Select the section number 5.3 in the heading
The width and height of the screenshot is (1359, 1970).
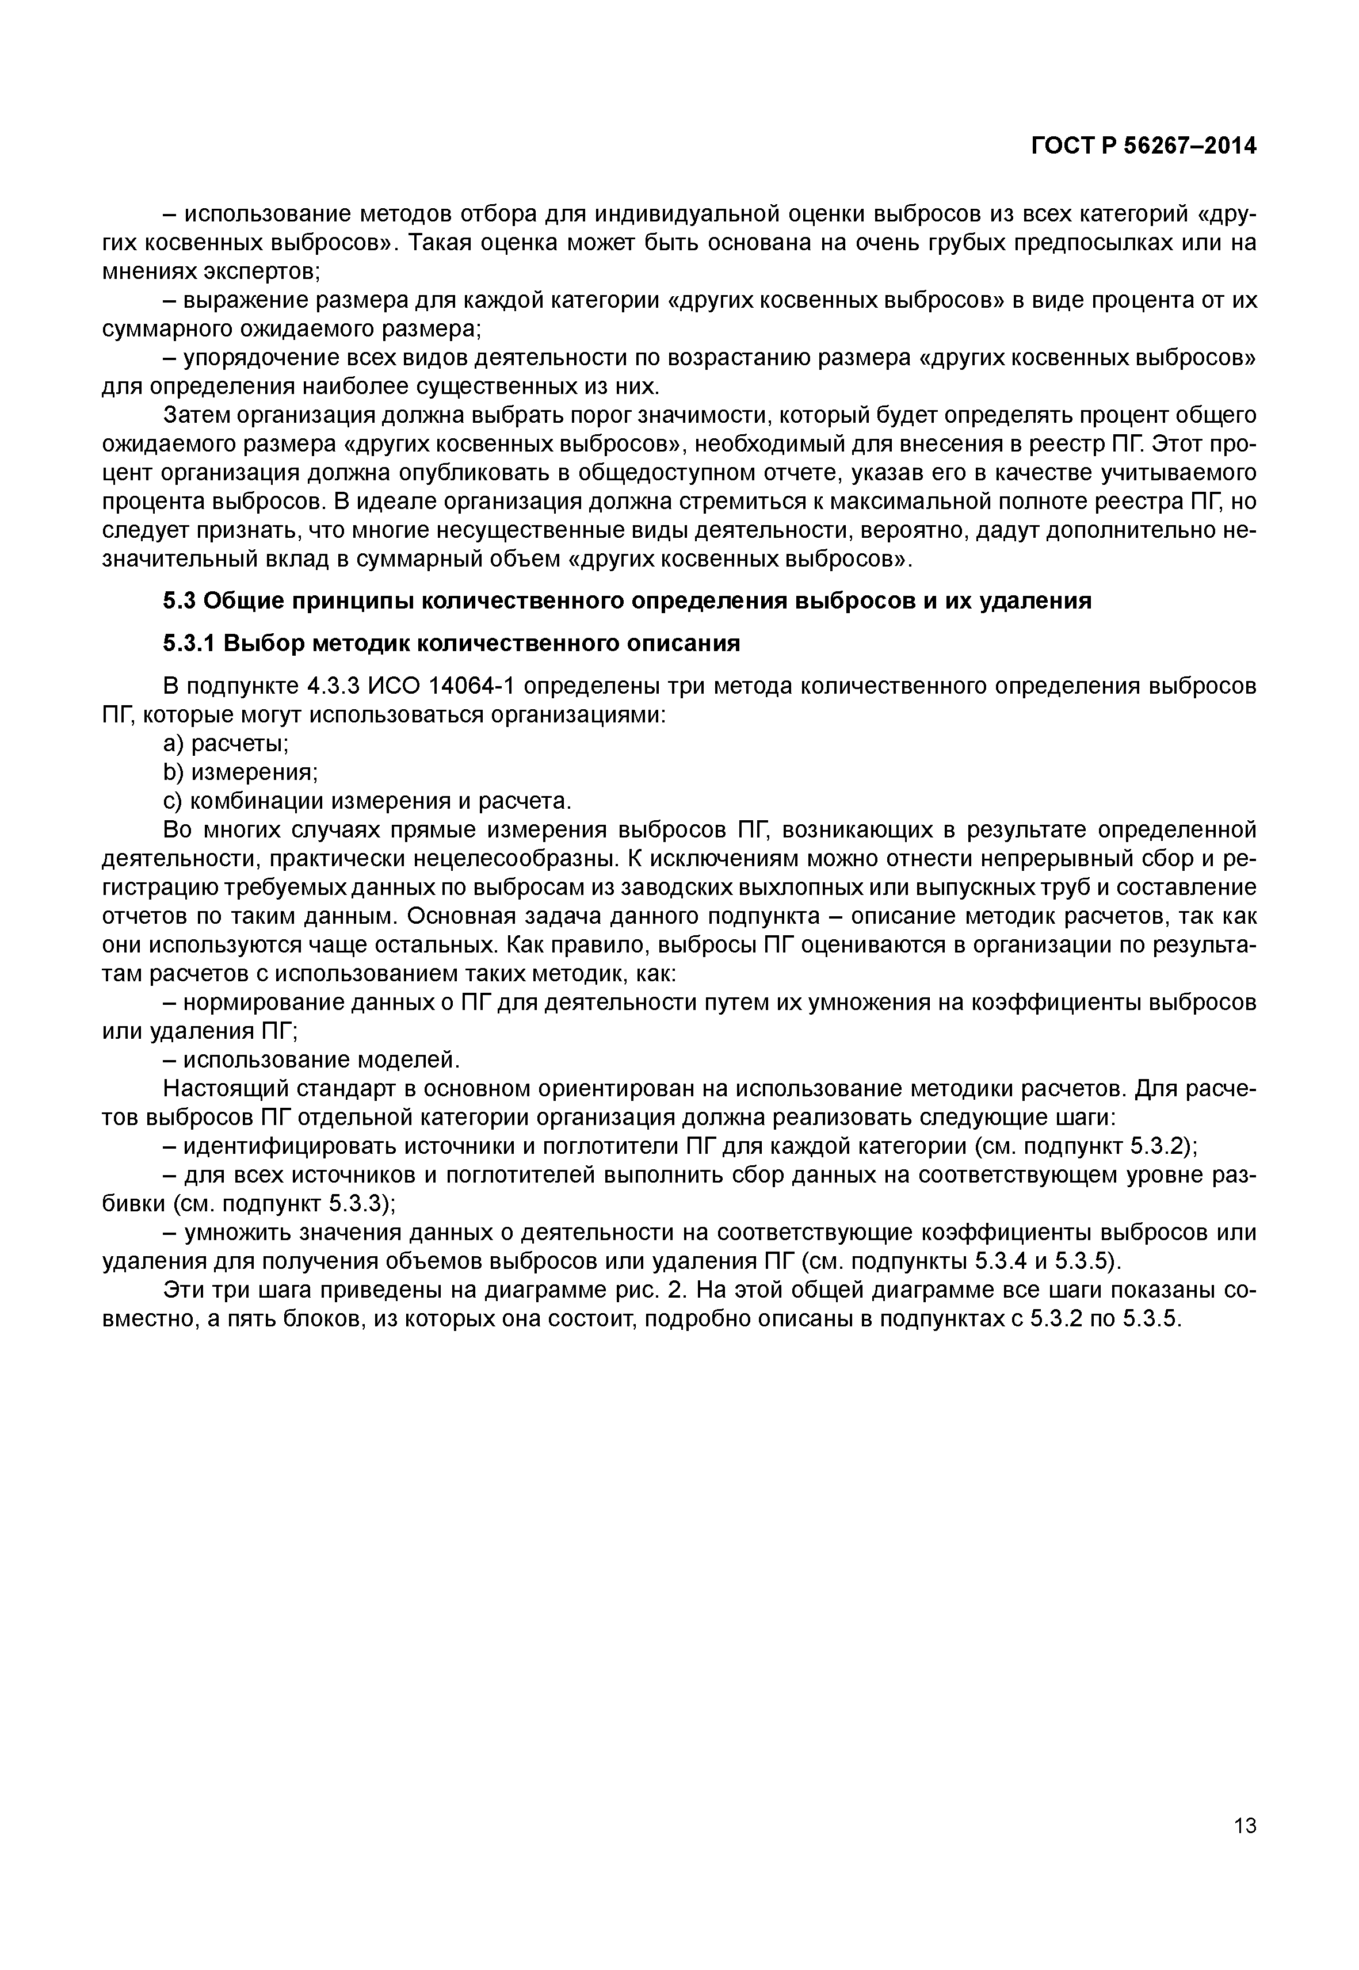tap(179, 601)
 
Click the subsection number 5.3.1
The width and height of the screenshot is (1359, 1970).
tap(189, 644)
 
